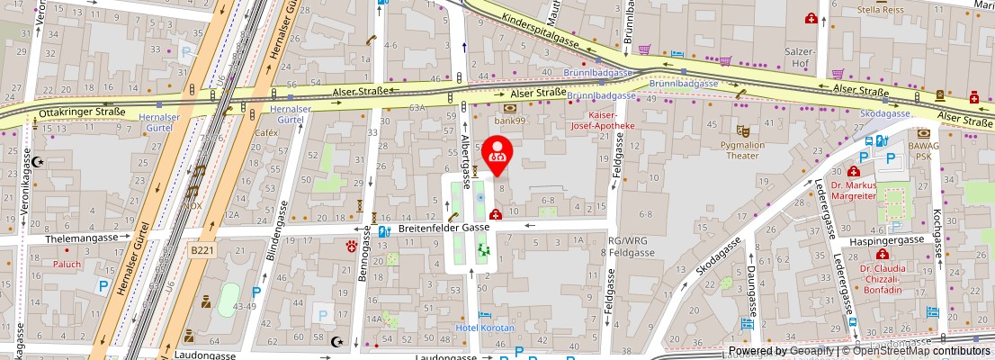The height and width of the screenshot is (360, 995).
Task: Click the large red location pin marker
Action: [497, 154]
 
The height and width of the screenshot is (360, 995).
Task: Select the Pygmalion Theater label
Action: [742, 149]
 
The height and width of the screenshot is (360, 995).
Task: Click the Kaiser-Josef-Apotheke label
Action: [603, 121]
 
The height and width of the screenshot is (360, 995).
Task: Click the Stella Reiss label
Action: [883, 10]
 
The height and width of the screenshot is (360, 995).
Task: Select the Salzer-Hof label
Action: [800, 58]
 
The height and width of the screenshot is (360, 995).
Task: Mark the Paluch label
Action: [67, 265]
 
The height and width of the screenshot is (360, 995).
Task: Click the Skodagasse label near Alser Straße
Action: [885, 114]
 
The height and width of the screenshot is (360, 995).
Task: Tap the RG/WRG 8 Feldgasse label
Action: [631, 247]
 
